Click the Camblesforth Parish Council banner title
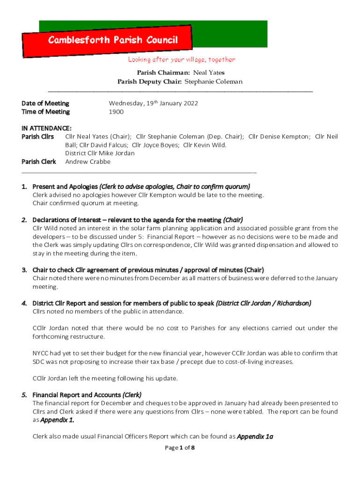point(113,40)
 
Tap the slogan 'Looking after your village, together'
point(181,60)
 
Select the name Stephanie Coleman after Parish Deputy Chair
point(214,82)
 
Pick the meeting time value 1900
point(116,112)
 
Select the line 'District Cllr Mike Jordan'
point(100,153)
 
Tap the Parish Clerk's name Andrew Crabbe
point(88,162)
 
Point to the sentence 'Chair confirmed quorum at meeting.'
point(86,203)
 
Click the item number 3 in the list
point(24,270)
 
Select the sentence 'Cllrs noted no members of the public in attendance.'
point(108,312)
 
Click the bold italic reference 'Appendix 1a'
point(255,437)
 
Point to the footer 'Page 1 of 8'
point(180,448)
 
